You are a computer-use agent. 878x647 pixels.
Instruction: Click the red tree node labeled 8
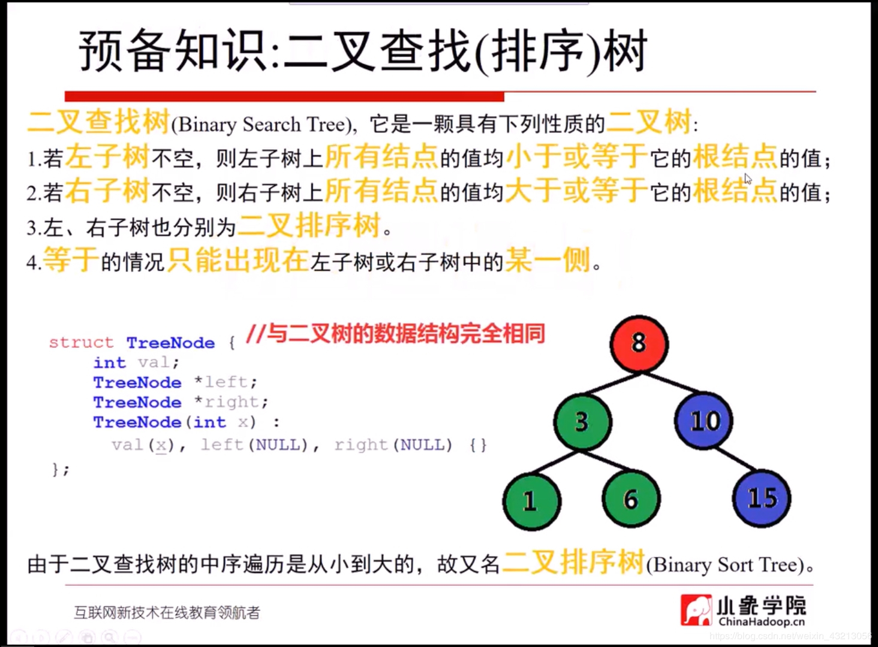point(639,343)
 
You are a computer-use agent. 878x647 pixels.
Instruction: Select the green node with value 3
point(583,422)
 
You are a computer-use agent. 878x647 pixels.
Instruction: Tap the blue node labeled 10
point(704,421)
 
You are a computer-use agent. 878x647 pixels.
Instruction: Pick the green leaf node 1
point(532,501)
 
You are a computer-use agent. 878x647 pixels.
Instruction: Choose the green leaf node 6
point(632,498)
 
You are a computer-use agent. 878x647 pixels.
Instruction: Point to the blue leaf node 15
point(762,498)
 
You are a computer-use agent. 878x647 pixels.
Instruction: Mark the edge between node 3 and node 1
point(555,462)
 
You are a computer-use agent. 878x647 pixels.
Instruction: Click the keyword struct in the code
point(81,343)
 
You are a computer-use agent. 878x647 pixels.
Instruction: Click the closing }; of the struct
point(61,469)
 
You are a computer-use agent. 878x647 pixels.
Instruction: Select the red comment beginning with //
point(395,334)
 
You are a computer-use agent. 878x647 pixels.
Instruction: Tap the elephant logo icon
point(696,610)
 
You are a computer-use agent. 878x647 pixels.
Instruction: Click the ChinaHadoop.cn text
point(762,622)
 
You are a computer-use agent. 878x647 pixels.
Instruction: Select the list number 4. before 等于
point(34,262)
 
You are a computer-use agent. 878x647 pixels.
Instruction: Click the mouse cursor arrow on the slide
point(748,179)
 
